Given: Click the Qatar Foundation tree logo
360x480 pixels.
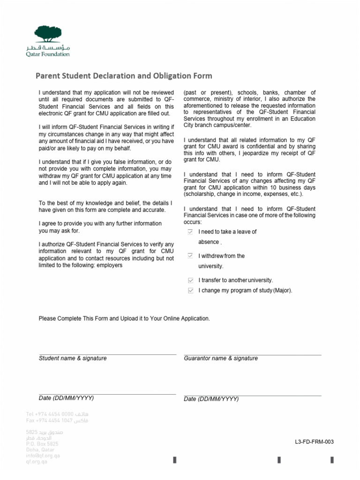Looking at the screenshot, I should coord(52,35).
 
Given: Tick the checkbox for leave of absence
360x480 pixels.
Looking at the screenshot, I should coord(190,232).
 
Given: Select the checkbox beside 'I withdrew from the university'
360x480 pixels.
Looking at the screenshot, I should coord(190,256).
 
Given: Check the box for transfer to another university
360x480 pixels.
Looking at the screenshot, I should coord(190,280).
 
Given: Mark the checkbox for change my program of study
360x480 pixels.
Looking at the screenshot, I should coord(190,291).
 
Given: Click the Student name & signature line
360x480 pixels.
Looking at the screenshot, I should coord(107,354).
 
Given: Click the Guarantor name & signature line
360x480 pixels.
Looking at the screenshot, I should coord(252,354).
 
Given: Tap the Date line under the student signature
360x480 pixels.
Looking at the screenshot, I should coord(107,394).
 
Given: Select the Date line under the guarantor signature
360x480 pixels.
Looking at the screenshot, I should coord(252,395).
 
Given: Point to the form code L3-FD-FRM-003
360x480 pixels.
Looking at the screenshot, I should coord(314,442).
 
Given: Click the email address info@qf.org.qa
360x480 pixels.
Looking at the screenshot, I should coord(43,455).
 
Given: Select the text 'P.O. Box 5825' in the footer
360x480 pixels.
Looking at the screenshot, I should coord(42,443).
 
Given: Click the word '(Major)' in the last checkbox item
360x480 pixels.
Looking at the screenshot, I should coord(283,291).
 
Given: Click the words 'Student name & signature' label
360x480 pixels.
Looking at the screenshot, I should coord(73,358).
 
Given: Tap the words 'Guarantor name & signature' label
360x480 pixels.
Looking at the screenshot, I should coord(221,358).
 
